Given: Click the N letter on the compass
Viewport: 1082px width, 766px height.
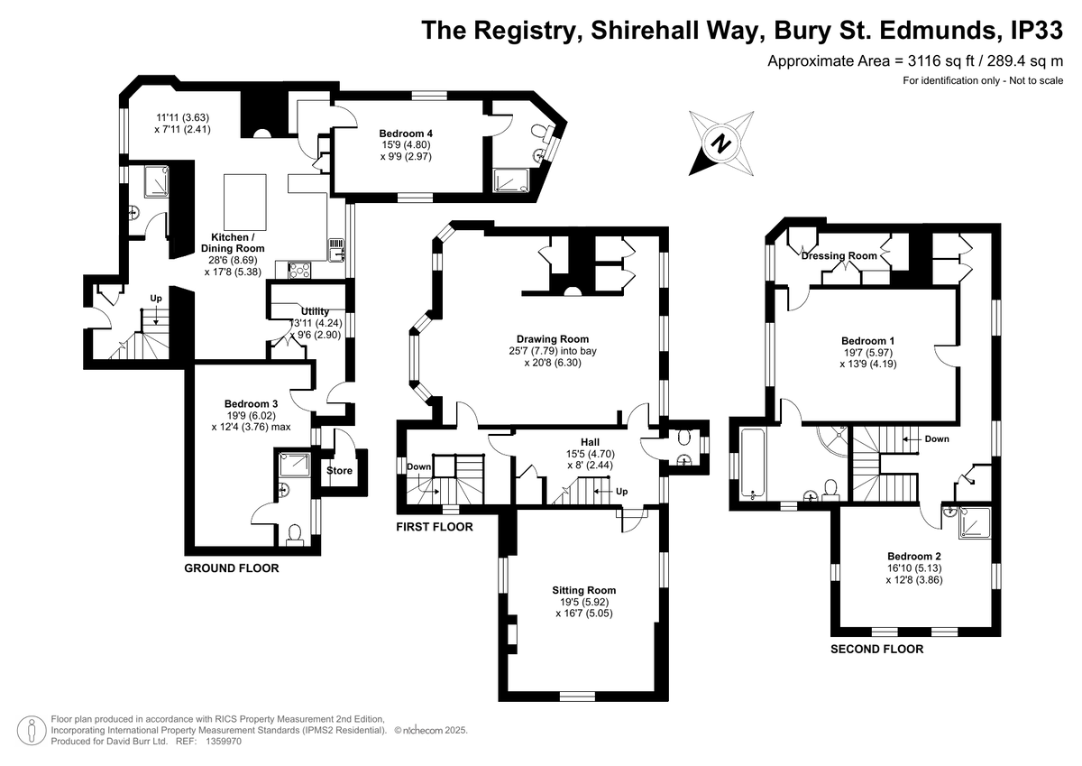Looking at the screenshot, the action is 720,143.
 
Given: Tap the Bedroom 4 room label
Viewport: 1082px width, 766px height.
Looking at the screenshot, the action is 406,134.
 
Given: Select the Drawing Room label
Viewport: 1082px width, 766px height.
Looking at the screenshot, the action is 553,339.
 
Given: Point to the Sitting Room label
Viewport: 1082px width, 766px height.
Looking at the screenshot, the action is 584,590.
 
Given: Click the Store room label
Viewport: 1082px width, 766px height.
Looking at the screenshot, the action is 339,471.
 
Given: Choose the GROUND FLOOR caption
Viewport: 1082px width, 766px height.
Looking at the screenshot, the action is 232,568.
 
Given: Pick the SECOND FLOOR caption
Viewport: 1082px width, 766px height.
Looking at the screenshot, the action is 876,649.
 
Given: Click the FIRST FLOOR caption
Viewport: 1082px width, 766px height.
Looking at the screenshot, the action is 435,527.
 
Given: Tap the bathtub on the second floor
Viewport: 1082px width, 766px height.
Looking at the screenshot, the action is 753,464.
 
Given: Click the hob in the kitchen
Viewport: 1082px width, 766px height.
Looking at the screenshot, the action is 299,270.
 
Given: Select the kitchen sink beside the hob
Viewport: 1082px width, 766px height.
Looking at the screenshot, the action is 336,250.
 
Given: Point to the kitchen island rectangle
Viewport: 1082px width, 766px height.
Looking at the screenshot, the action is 245,202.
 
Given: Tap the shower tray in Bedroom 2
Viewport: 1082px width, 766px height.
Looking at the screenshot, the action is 975,523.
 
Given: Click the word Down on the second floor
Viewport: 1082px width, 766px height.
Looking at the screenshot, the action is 937,439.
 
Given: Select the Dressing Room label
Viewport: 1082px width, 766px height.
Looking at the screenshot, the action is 839,255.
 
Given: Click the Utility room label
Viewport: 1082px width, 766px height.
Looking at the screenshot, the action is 315,311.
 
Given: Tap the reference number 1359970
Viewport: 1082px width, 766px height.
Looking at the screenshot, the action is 224,742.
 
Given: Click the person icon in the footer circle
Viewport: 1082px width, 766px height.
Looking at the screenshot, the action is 32,730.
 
